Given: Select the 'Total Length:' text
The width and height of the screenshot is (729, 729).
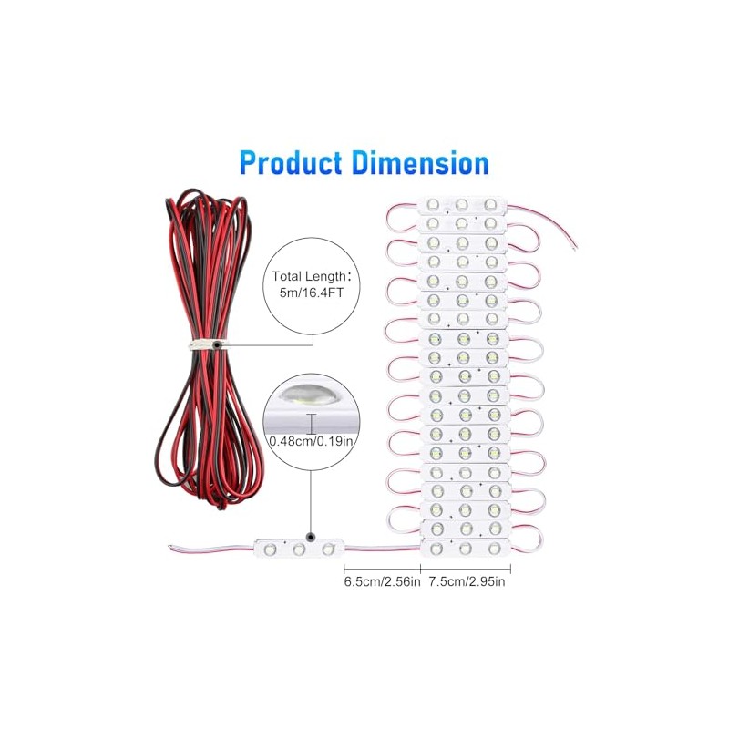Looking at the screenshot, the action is [x=309, y=276].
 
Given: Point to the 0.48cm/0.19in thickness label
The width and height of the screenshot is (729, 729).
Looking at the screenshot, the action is [x=312, y=440].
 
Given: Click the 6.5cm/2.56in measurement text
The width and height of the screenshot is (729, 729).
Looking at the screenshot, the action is [x=382, y=581].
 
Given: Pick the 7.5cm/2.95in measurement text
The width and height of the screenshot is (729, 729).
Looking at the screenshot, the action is [x=467, y=581].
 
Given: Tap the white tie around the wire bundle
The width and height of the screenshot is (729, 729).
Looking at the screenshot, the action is [x=204, y=345].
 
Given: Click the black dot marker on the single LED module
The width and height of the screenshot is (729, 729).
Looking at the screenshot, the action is [x=311, y=537].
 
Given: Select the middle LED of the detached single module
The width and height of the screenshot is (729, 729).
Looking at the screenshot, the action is [x=299, y=550].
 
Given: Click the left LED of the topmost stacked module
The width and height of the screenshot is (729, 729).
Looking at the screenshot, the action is [x=433, y=204].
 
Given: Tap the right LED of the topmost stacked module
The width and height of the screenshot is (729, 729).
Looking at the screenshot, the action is [x=490, y=204].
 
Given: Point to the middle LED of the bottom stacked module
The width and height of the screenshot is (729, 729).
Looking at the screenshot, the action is [x=466, y=549].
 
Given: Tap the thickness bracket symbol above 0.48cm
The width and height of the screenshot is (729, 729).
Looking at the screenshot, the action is [x=311, y=424].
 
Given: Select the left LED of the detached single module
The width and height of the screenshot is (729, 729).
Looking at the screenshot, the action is [x=270, y=550].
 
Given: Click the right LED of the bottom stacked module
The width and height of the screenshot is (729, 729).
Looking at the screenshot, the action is [x=494, y=549].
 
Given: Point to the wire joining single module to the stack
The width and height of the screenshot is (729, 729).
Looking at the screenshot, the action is [x=382, y=549].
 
